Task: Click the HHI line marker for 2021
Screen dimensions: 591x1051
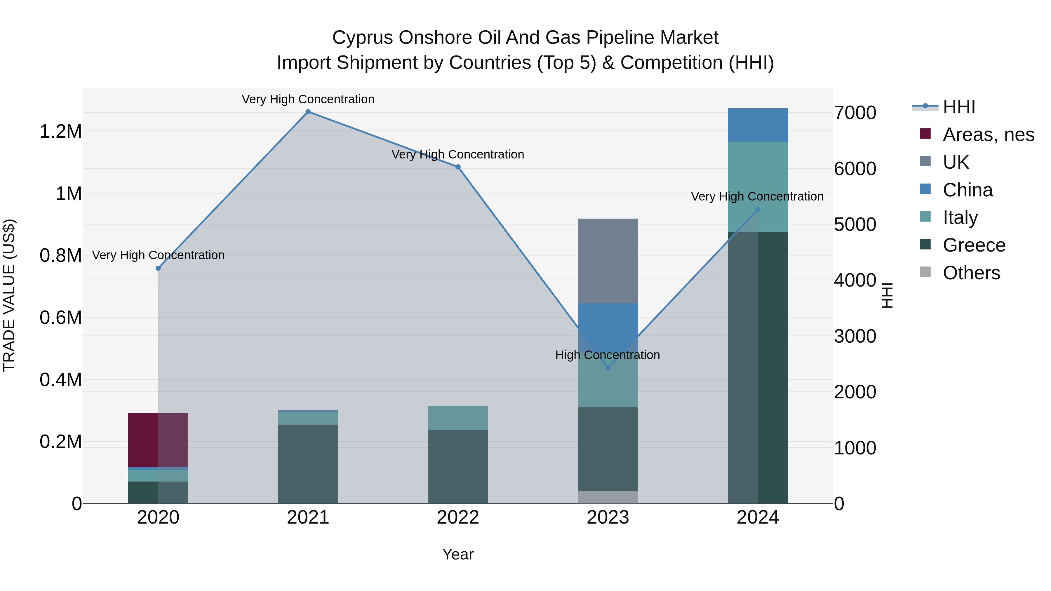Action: (x=308, y=112)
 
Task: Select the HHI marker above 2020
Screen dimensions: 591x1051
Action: (x=158, y=269)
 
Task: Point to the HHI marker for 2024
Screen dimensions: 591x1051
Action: (x=758, y=210)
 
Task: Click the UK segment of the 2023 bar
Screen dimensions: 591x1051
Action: (x=608, y=261)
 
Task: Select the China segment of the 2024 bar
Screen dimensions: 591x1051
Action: (x=758, y=125)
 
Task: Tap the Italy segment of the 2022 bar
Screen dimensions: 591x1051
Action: (x=458, y=418)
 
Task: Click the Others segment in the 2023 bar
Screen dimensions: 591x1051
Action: (x=608, y=497)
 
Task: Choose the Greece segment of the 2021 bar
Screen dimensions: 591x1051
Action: (x=308, y=464)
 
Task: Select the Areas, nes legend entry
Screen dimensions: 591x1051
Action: (x=988, y=135)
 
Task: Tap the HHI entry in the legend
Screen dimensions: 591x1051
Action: (x=959, y=107)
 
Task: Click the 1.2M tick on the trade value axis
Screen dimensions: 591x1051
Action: (x=60, y=132)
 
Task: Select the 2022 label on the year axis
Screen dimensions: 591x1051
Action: (x=458, y=517)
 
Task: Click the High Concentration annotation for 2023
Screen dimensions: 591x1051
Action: (x=608, y=355)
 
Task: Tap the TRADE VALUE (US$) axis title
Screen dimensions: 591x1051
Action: (x=9, y=295)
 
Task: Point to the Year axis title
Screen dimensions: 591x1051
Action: (x=458, y=554)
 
